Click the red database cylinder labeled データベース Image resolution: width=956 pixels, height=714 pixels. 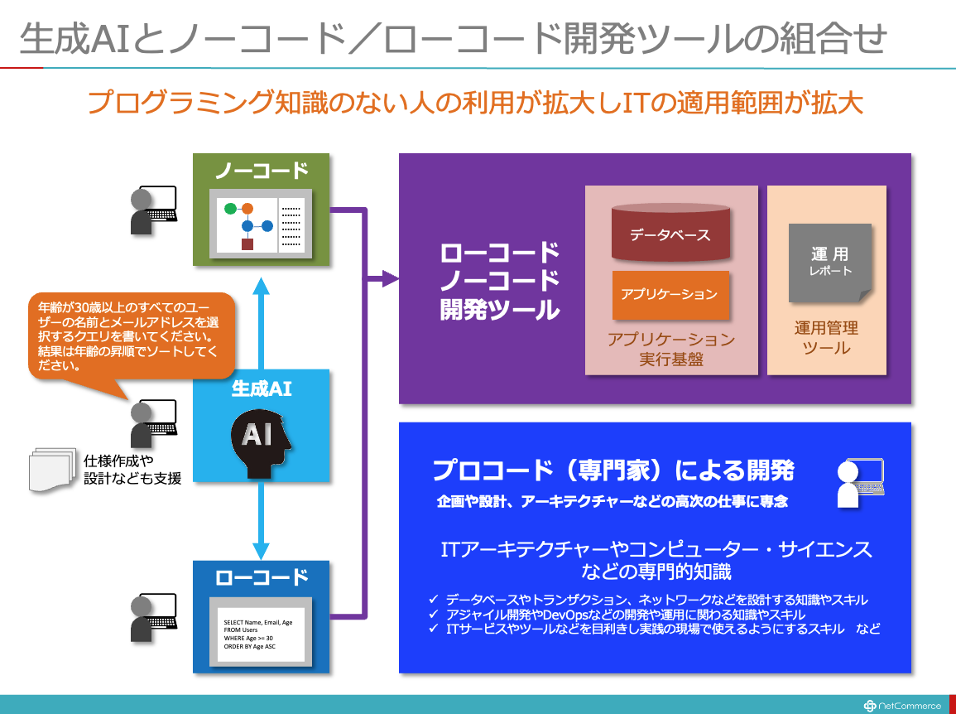[670, 233]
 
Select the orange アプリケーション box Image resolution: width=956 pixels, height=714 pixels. [670, 295]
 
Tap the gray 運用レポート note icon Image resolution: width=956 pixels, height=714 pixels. [830, 263]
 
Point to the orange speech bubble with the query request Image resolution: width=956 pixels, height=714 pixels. [131, 340]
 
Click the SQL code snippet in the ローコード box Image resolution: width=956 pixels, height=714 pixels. [258, 634]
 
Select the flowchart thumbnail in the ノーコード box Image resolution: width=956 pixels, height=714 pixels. [261, 224]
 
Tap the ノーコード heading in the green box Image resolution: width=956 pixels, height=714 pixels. [262, 171]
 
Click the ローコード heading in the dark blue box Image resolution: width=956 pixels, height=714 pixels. [262, 577]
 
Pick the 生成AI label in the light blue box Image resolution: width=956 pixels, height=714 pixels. [262, 388]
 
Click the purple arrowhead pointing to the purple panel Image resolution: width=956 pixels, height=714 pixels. [391, 279]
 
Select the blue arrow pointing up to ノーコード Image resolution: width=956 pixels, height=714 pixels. [261, 323]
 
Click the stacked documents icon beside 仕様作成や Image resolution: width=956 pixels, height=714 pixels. [52, 470]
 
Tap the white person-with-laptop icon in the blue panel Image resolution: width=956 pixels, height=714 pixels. [860, 483]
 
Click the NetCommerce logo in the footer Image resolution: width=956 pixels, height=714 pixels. [901, 706]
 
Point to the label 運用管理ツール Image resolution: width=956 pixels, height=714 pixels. [826, 337]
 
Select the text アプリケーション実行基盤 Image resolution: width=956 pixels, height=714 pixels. [671, 349]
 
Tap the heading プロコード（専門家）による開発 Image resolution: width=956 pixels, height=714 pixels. [613, 470]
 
